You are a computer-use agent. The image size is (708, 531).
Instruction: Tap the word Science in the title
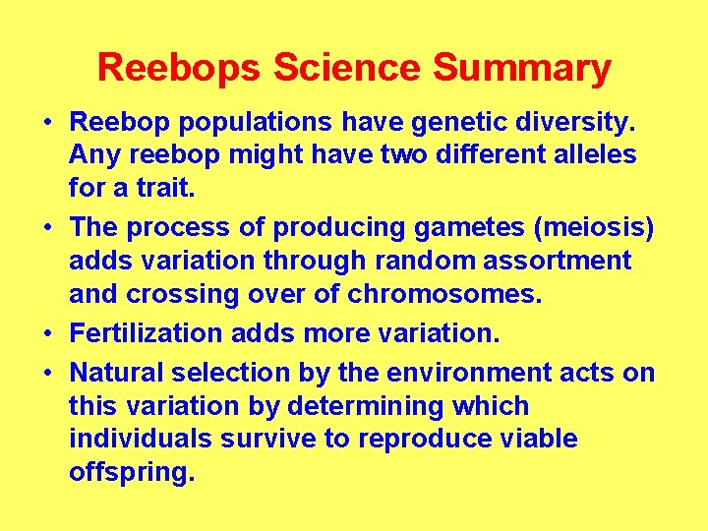click(348, 69)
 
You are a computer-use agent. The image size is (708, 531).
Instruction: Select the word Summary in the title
click(522, 69)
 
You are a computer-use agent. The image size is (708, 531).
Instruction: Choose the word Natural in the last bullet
click(116, 374)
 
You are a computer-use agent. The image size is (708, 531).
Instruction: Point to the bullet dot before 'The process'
click(47, 228)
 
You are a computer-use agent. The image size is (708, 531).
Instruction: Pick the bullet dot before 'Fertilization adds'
click(47, 334)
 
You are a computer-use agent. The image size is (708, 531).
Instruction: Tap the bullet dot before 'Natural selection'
click(47, 375)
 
